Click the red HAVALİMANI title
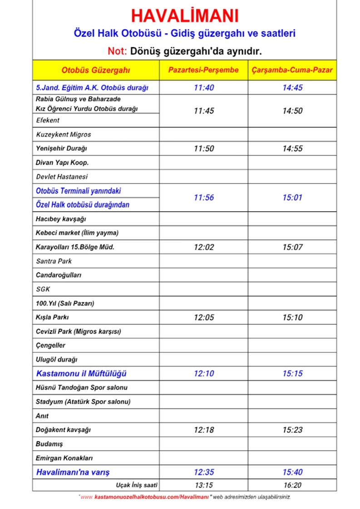(x=184, y=16)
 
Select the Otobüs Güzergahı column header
(x=96, y=70)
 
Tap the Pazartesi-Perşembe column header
(x=203, y=70)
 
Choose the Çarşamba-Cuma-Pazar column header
(x=292, y=70)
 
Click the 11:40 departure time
(x=203, y=88)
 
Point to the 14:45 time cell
(x=292, y=88)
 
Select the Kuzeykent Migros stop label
(x=64, y=135)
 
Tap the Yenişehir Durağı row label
(x=61, y=148)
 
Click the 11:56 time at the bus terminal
(x=203, y=198)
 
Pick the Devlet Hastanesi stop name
(x=62, y=177)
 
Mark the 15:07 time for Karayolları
(x=292, y=247)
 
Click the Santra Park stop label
(x=54, y=261)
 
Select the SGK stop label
(x=43, y=289)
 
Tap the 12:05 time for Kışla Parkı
(x=203, y=317)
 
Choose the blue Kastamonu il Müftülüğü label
(x=81, y=374)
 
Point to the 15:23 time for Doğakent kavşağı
(x=292, y=430)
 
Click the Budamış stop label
(x=49, y=444)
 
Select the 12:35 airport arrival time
(x=203, y=472)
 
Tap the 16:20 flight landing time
(x=292, y=485)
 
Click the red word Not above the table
(x=118, y=50)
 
